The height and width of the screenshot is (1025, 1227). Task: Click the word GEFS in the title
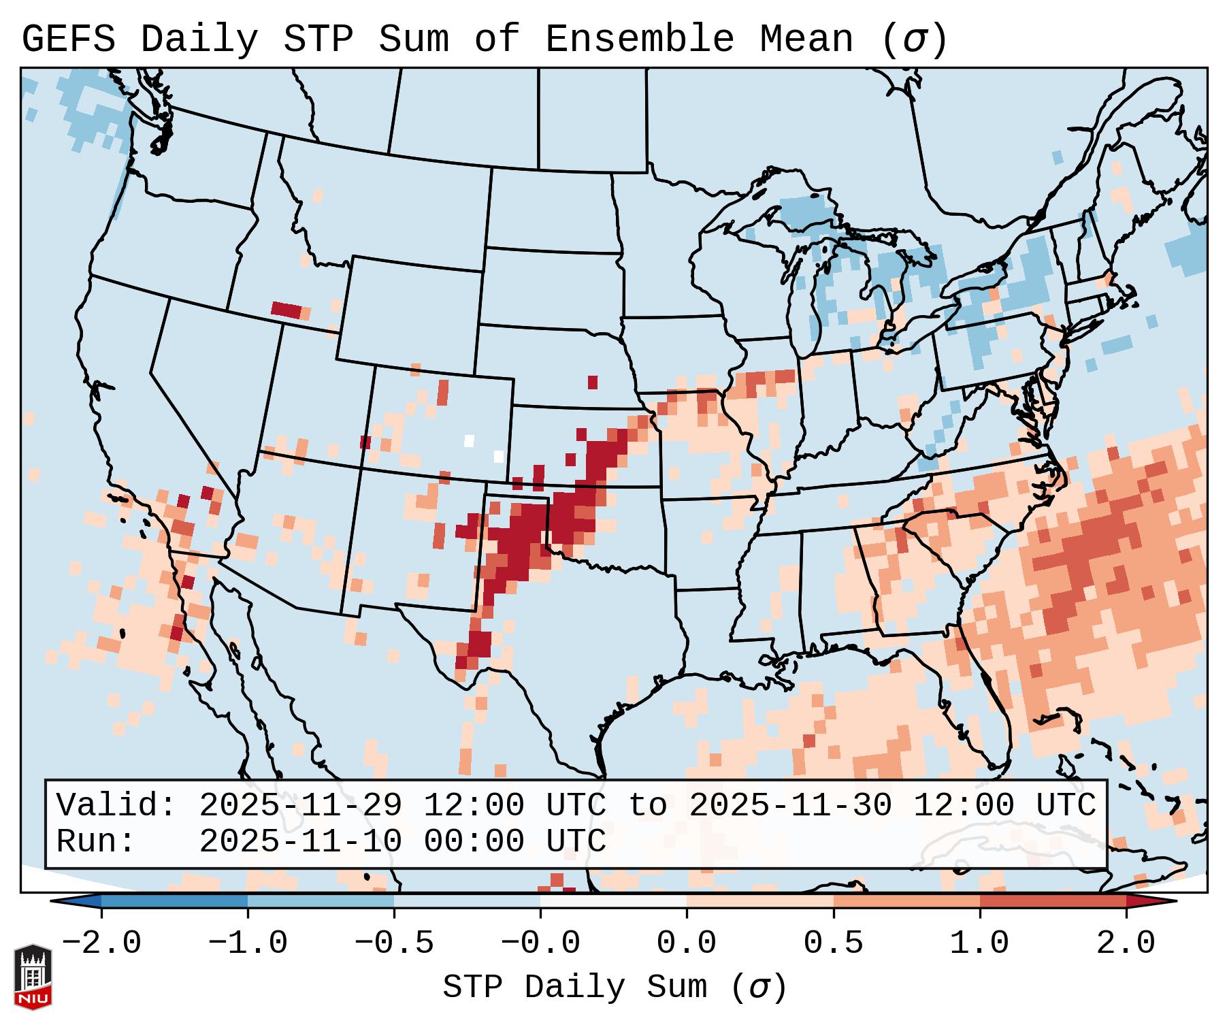point(68,39)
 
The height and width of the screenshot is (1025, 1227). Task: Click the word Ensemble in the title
point(639,39)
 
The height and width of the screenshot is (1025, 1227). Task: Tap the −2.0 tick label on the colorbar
point(101,943)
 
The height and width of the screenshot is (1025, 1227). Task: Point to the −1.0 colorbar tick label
point(248,943)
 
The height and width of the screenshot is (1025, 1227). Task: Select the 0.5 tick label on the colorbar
point(833,943)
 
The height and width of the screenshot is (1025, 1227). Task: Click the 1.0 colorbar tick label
point(979,943)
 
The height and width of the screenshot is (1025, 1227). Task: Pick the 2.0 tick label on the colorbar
point(1126,943)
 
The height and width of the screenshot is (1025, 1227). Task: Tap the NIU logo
point(33,977)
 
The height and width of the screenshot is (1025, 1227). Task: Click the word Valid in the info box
point(108,805)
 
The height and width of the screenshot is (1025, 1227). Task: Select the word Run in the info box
point(88,841)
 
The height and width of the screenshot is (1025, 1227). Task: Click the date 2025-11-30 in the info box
point(790,805)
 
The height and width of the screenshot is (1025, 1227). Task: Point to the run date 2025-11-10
point(300,841)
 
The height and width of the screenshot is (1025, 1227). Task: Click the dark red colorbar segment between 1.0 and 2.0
point(1052,901)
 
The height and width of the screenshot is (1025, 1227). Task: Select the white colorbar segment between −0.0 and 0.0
point(613,901)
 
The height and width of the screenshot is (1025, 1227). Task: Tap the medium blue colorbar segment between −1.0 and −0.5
point(321,901)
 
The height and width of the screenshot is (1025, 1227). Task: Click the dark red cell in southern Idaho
point(286,310)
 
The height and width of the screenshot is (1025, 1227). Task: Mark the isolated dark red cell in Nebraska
point(593,382)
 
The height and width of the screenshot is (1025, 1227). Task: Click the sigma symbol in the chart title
point(914,39)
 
